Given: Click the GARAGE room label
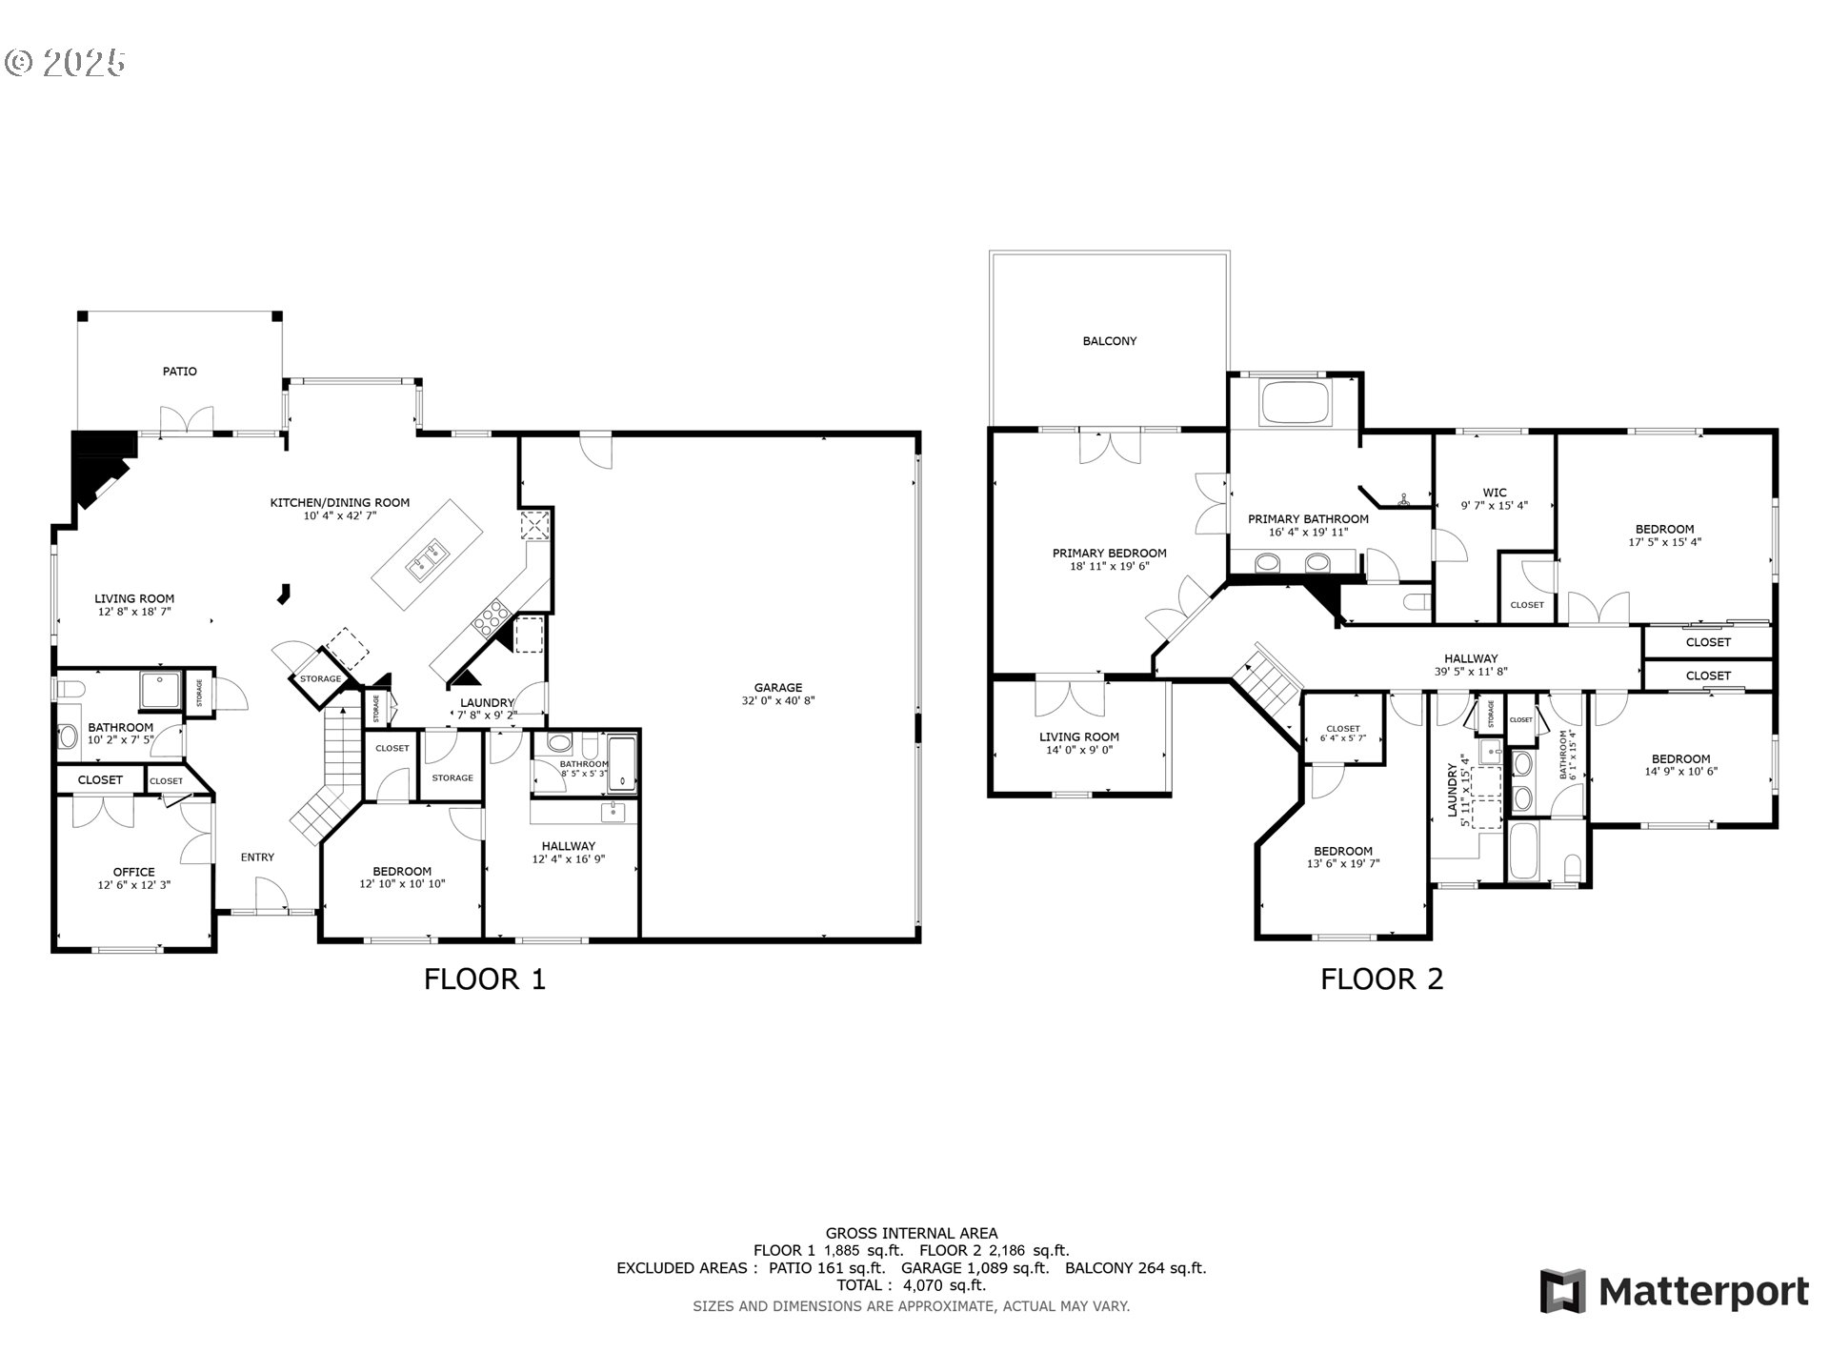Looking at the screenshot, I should (777, 687).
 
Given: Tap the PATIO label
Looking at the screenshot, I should (179, 372).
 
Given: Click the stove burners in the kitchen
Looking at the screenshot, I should (491, 617).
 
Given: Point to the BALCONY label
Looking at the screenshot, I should (1109, 341).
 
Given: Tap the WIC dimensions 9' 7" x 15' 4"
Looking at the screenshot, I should (1494, 506).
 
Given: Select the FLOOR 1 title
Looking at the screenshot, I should (484, 979).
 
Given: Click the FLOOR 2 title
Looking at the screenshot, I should (1381, 979).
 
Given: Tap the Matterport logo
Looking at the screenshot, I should (1674, 1292).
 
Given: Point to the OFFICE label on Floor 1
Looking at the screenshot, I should (133, 872).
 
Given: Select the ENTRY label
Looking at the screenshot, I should (257, 857).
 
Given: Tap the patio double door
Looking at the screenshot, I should (187, 420).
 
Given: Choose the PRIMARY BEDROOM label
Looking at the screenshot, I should (1109, 554).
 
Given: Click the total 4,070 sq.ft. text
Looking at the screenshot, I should (912, 1285).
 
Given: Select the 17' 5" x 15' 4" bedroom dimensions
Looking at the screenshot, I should (1664, 542).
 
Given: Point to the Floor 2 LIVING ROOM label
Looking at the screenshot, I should (1078, 736).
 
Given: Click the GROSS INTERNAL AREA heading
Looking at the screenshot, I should (912, 1233).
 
